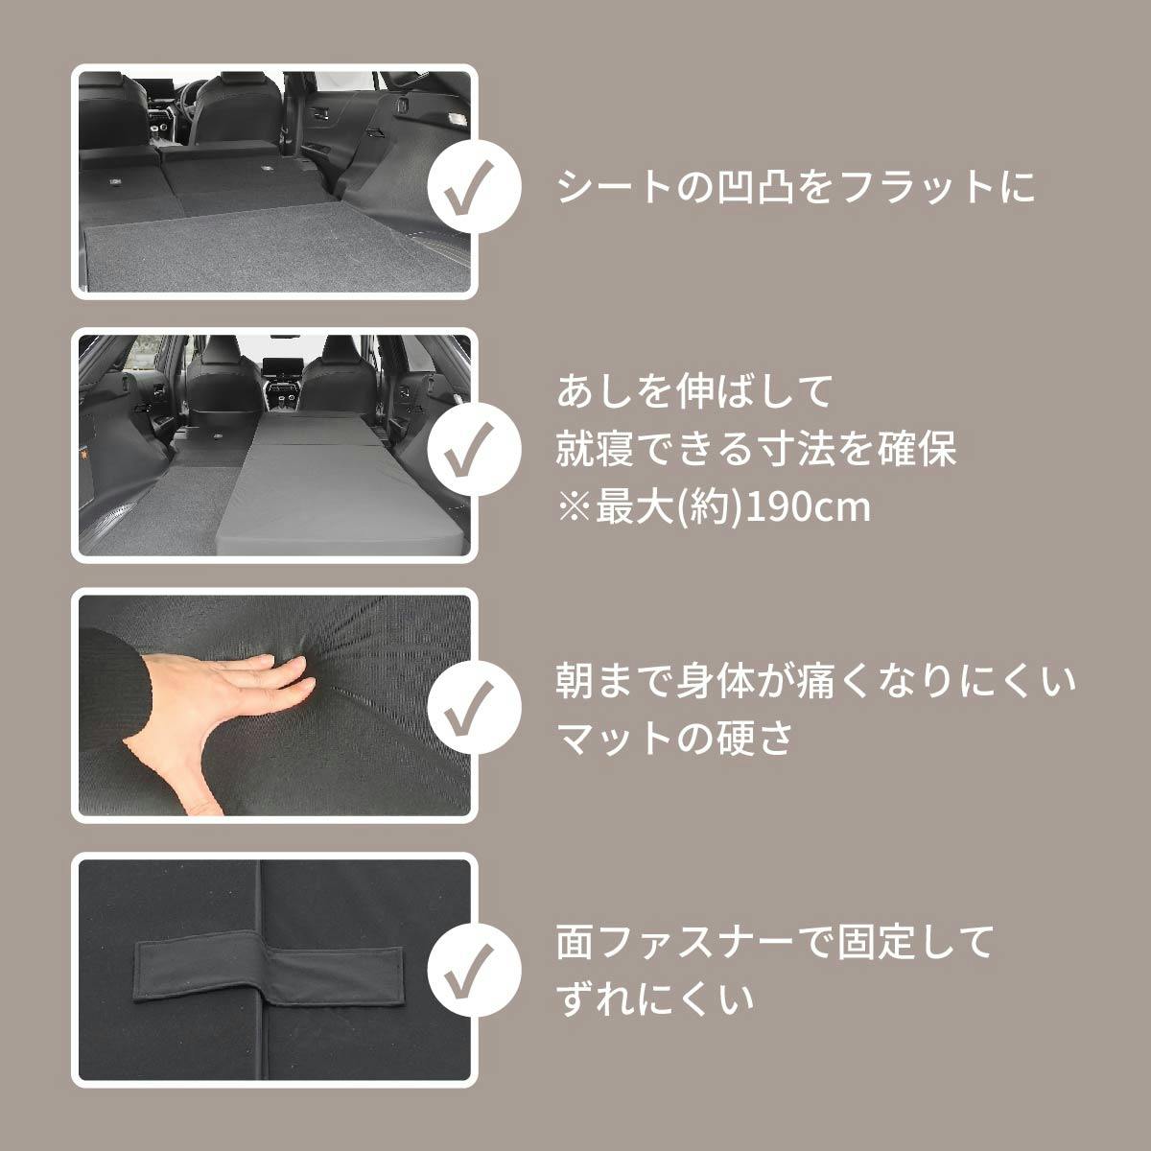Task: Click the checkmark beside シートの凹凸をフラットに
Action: click(x=475, y=186)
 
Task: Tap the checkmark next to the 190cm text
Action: click(x=475, y=449)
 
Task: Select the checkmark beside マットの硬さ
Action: click(x=475, y=707)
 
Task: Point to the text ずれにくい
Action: click(x=654, y=998)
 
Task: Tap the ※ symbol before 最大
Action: click(x=574, y=508)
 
